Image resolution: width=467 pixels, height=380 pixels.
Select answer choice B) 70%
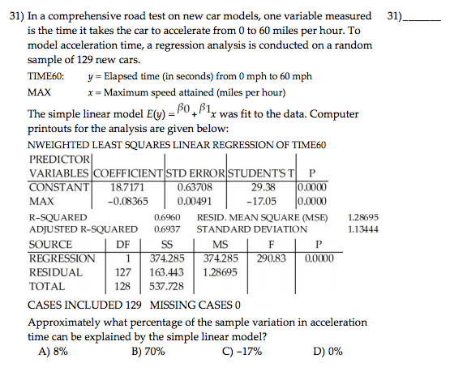[x=148, y=352]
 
